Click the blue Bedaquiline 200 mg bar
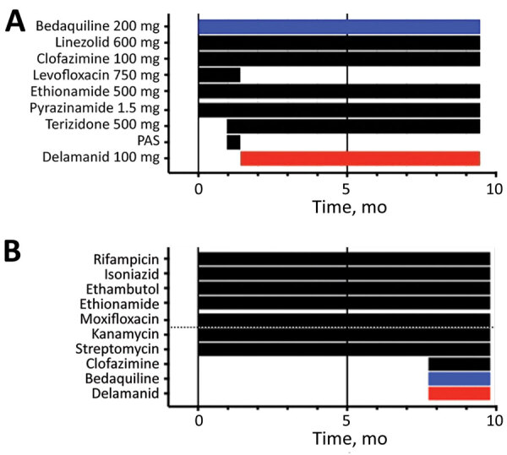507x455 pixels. (339, 26)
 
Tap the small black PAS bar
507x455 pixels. (233, 142)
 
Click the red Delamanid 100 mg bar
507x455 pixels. (360, 158)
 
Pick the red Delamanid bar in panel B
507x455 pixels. (459, 393)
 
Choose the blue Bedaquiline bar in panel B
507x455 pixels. (459, 378)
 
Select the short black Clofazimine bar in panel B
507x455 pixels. (459, 364)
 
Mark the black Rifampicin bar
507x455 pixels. (343, 258)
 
